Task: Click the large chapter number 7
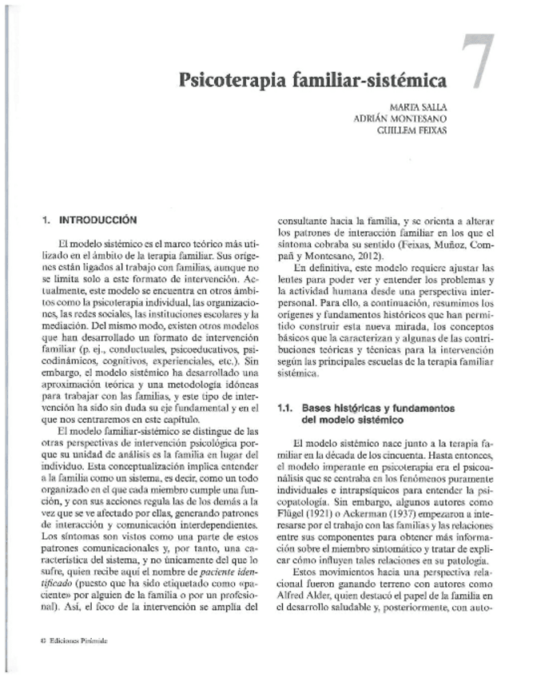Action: pos(480,62)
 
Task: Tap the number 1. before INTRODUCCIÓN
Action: pos(46,217)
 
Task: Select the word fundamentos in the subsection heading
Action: pos(421,409)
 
